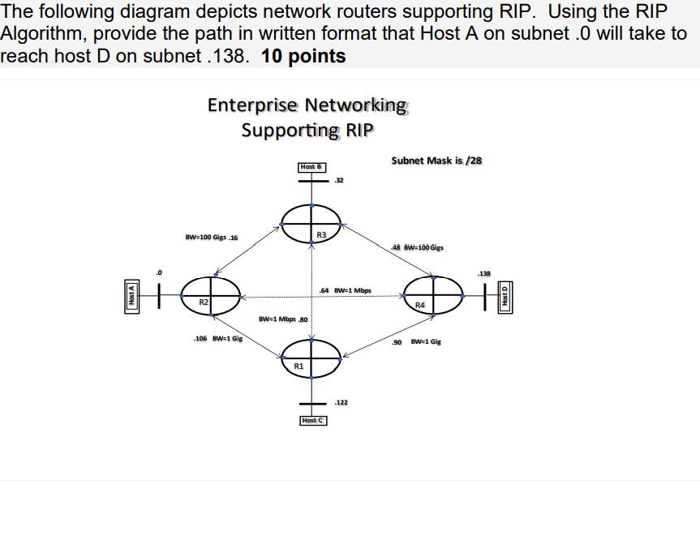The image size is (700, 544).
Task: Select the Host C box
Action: pyautogui.click(x=312, y=420)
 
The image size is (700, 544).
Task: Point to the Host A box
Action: pyautogui.click(x=130, y=297)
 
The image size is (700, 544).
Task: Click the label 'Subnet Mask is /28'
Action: pyautogui.click(x=436, y=160)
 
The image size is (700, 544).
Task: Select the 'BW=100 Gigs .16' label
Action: pyautogui.click(x=211, y=238)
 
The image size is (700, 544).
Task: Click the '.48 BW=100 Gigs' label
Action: pyautogui.click(x=417, y=248)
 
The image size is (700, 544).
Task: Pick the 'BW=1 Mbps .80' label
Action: pyautogui.click(x=282, y=319)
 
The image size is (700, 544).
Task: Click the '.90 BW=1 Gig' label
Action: pyautogui.click(x=416, y=342)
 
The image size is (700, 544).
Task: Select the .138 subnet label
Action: pyautogui.click(x=483, y=273)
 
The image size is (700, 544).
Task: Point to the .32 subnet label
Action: pyautogui.click(x=338, y=180)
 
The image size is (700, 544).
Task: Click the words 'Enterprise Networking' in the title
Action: pyautogui.click(x=307, y=105)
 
